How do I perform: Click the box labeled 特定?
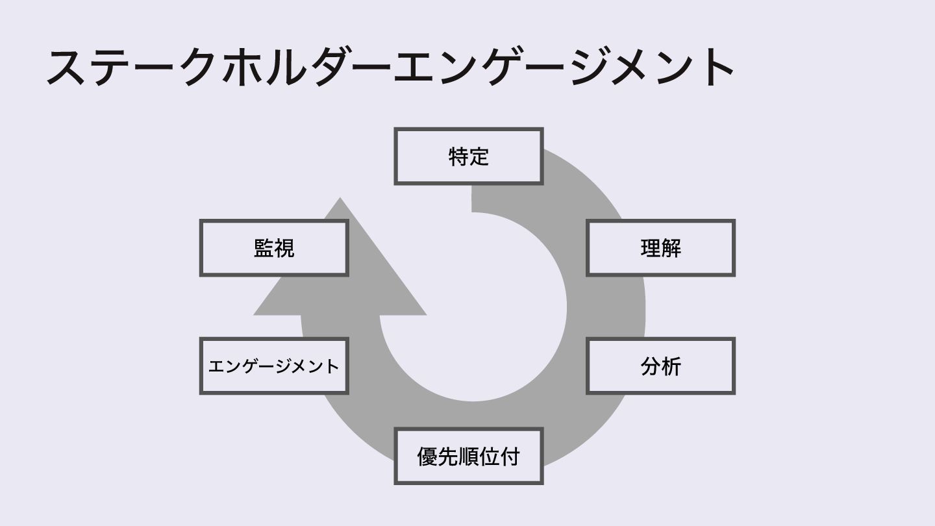pos(468,157)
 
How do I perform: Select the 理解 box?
pos(660,248)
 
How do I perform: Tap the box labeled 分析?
pos(660,366)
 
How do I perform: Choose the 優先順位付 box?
pos(468,456)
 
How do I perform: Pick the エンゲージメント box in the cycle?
pos(273,366)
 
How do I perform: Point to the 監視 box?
pos(273,248)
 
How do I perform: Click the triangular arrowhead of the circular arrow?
pos(340,273)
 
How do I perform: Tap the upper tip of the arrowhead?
pos(340,199)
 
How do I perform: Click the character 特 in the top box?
pos(458,157)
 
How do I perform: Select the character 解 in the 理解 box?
pos(671,248)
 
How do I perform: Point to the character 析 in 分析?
pos(671,366)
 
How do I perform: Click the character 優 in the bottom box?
pos(427,456)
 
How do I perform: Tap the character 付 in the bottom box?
pos(510,456)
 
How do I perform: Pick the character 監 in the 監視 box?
pos(264,248)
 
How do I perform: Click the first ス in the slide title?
pos(68,67)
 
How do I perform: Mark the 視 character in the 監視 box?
pos(284,248)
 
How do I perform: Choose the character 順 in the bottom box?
pos(468,456)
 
